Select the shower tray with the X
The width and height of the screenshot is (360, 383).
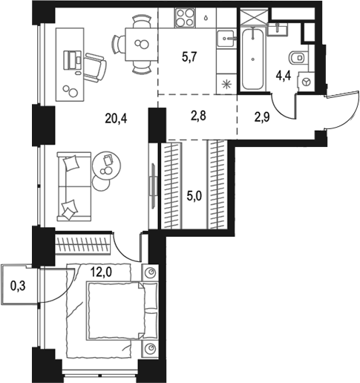(255, 16)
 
